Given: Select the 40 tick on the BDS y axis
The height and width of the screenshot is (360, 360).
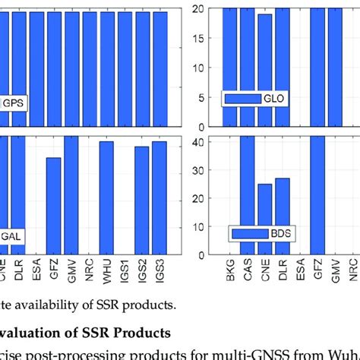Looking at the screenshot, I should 198,141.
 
